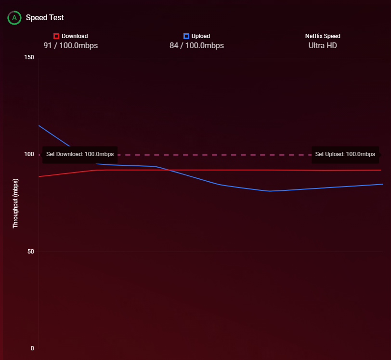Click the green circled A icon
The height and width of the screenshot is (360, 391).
coord(14,18)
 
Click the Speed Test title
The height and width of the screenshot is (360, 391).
coord(45,18)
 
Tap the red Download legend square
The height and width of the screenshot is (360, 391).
coord(56,36)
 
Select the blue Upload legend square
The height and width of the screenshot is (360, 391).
coord(186,36)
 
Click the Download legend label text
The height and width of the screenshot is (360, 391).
coord(75,36)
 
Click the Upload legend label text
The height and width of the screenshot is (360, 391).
coord(200,36)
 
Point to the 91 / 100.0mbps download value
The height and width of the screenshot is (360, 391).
coord(71,46)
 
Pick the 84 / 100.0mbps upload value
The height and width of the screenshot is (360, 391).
coord(196,46)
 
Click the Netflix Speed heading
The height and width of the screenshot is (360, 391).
coord(323,36)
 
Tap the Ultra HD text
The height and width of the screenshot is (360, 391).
coord(323,46)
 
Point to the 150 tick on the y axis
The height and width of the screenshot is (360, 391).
coord(29,58)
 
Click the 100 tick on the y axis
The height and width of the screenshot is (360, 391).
coord(29,155)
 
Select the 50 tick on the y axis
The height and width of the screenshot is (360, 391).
coord(30,252)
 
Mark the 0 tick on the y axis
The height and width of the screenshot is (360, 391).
coord(32,348)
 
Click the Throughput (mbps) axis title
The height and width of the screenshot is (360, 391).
coord(15,203)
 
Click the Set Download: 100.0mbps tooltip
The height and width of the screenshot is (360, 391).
coord(80,155)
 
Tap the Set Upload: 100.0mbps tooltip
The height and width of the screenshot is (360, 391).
coord(345,155)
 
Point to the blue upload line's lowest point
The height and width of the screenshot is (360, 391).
coord(270,191)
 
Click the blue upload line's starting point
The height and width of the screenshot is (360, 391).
coord(39,125)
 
